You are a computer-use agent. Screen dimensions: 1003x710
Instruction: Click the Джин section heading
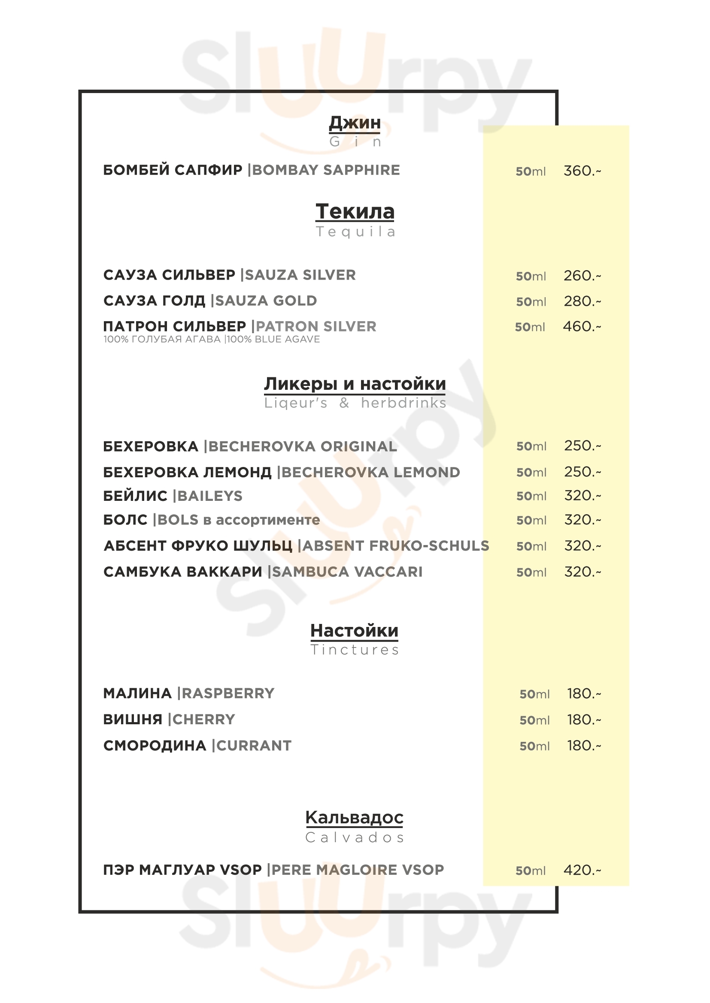tap(355, 123)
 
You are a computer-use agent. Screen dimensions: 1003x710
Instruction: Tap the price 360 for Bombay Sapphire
tap(582, 171)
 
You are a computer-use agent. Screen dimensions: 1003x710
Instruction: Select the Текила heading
tap(355, 212)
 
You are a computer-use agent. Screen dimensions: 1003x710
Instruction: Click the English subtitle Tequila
tap(355, 232)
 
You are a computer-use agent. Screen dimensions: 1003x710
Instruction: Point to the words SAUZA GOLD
tap(266, 301)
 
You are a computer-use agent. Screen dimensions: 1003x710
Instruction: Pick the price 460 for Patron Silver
tap(582, 326)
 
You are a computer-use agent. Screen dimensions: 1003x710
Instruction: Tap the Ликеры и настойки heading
tap(355, 384)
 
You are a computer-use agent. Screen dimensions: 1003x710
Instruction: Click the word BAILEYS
tap(210, 496)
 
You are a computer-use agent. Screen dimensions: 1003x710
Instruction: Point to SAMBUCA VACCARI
tap(348, 572)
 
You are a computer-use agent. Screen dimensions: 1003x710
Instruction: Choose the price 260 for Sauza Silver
tap(582, 276)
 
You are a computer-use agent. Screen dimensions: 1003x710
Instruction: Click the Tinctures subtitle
tap(355, 650)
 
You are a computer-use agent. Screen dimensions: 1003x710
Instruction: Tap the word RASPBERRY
tap(228, 693)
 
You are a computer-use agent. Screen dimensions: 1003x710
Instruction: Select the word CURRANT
tap(254, 746)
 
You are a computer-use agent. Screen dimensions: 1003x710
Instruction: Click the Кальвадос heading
tap(354, 817)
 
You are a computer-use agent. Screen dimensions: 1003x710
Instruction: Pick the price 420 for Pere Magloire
tap(582, 870)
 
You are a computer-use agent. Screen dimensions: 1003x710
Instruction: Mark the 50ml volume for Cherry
tap(534, 720)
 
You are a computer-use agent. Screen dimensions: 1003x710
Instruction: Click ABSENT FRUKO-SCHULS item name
tap(396, 546)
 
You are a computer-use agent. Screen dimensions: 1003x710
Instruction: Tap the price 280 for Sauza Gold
tap(582, 301)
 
